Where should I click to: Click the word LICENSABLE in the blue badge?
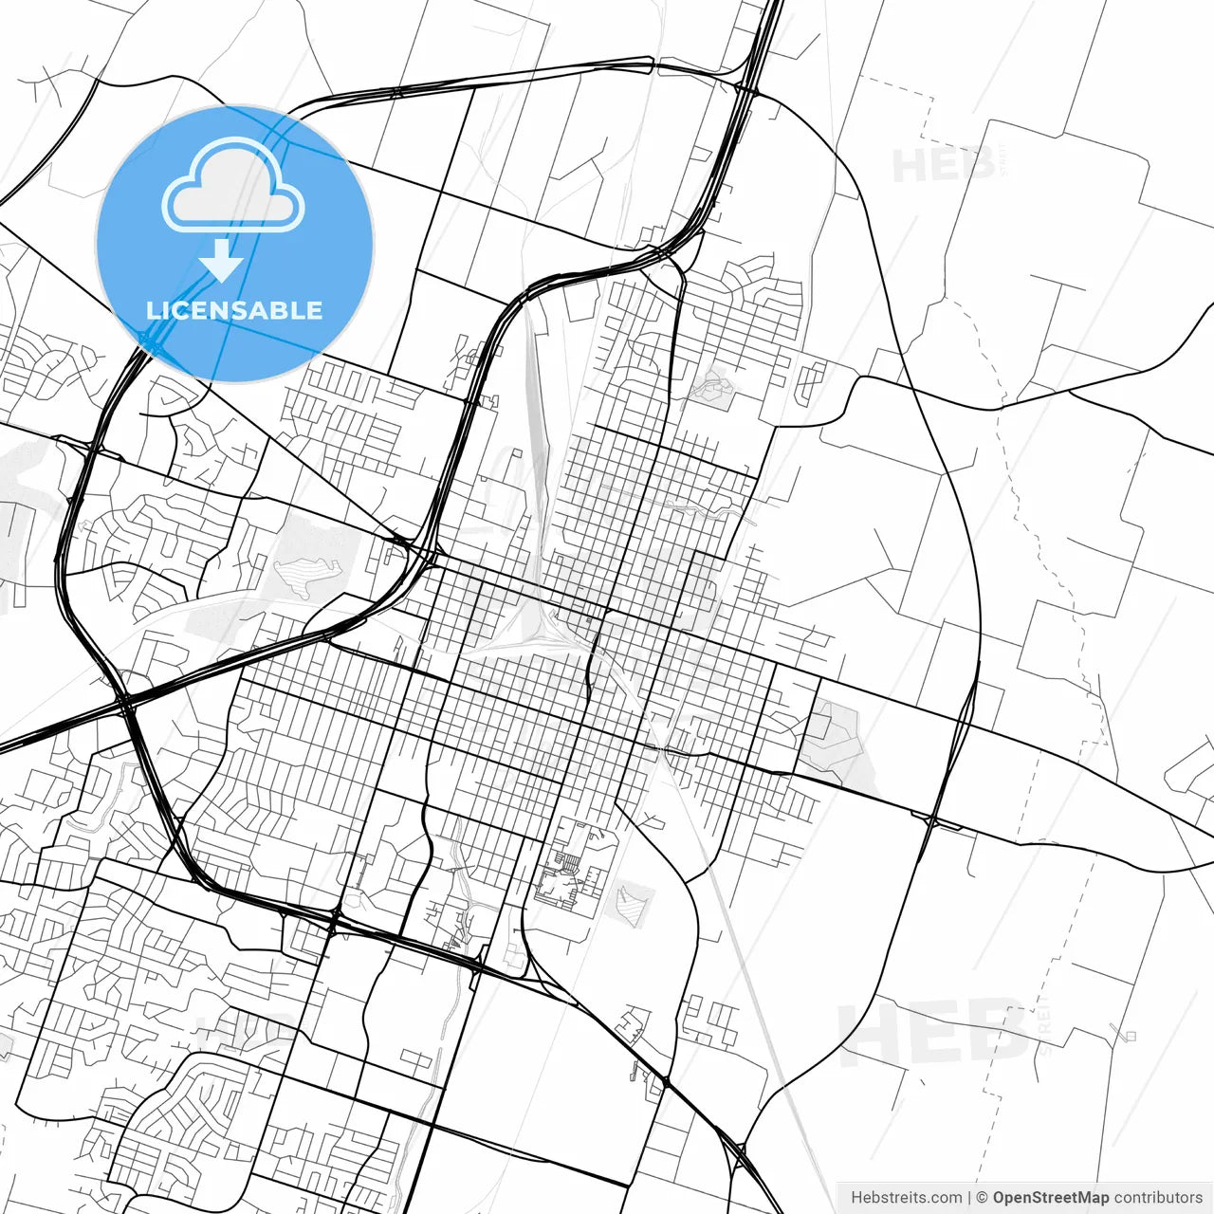pos(234,310)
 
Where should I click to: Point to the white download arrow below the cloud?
pos(222,260)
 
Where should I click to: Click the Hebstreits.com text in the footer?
pos(906,1198)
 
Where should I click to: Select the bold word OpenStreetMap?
pos(1050,1198)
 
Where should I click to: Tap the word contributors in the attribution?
pos(1158,1198)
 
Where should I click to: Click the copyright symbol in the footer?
pos(983,1198)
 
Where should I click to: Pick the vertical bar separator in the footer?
pos(969,1198)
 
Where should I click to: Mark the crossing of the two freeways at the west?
pos(126,703)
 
